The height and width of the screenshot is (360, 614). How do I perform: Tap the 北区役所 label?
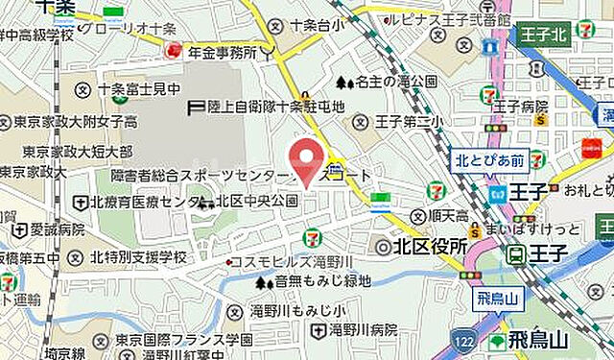(424, 246)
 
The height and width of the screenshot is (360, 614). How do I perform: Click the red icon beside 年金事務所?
(172, 53)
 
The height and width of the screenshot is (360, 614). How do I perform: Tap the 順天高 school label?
(442, 216)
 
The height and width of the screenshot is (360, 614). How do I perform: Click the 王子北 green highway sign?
(548, 36)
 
